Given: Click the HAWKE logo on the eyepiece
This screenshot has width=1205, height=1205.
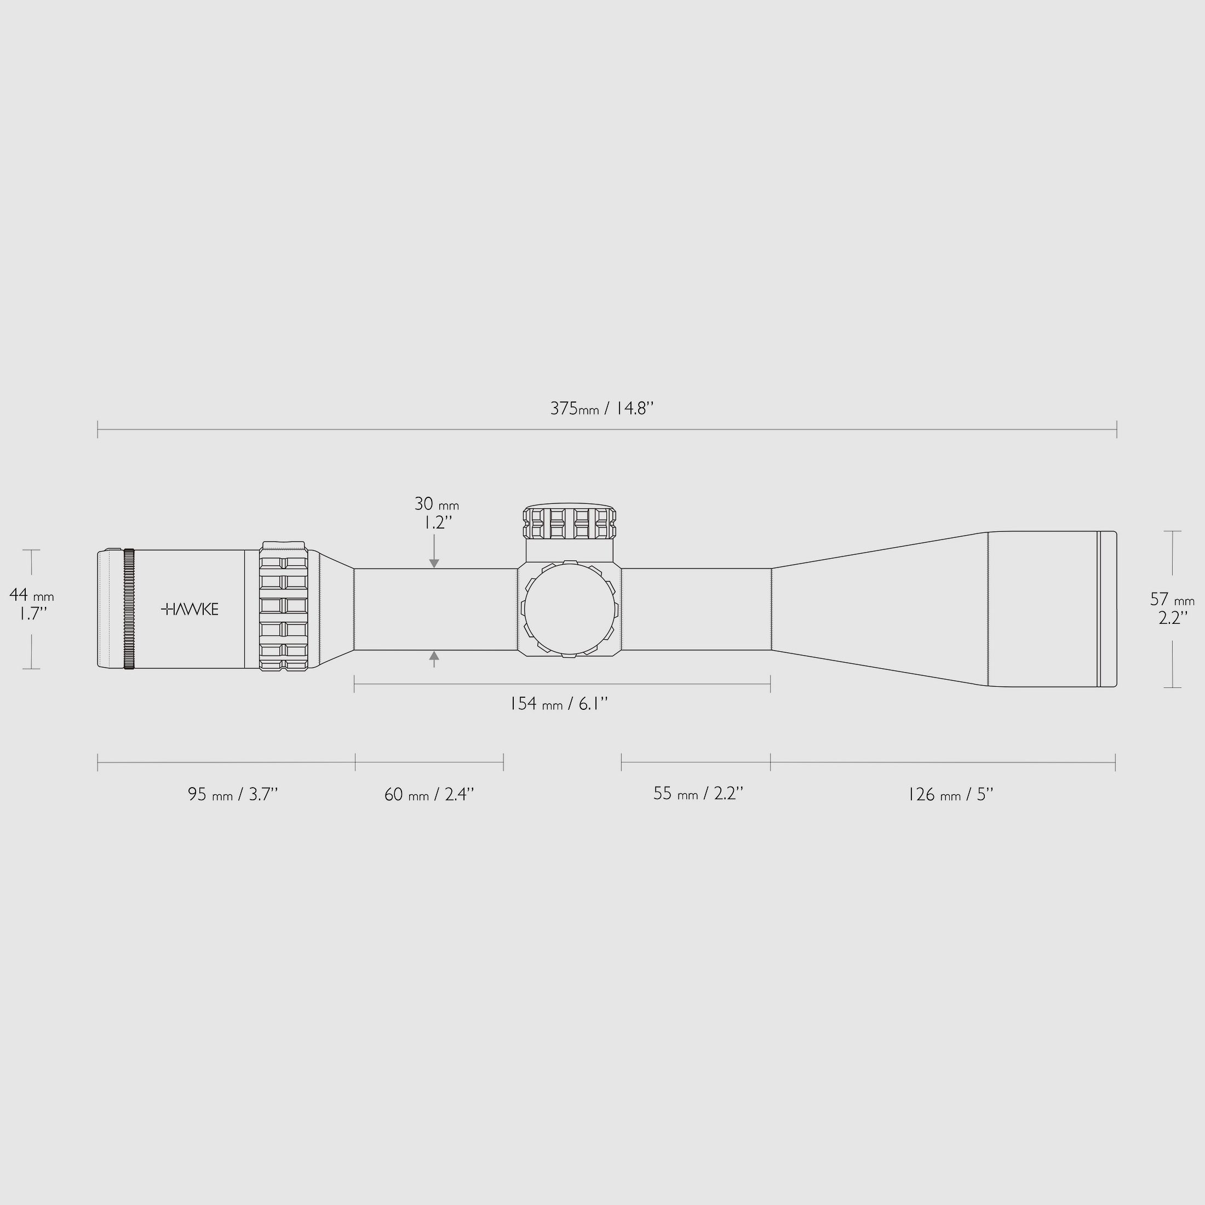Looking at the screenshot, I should click(190, 610).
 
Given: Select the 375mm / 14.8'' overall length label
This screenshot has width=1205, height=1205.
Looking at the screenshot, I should click(602, 409).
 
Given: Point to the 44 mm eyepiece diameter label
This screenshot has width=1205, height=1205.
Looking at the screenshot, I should click(32, 595).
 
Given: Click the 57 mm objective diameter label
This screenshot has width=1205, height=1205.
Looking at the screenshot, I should click(1172, 599).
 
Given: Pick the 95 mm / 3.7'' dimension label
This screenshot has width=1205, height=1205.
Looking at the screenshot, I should click(233, 795).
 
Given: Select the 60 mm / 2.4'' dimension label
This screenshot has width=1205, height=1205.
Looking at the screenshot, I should click(429, 795).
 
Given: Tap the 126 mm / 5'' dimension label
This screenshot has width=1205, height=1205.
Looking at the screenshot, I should click(950, 795).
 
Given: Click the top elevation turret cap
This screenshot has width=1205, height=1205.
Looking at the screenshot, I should click(569, 523).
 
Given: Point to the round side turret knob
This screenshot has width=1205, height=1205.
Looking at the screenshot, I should click(569, 609).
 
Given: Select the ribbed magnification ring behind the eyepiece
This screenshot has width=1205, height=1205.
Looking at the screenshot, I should click(284, 607).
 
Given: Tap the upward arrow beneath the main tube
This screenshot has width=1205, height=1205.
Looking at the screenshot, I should click(434, 656).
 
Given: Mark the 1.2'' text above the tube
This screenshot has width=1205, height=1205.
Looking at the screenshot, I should click(434, 523).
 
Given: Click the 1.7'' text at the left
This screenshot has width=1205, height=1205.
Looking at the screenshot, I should click(30, 615).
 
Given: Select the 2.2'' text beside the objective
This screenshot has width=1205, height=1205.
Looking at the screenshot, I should click(1173, 618).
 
